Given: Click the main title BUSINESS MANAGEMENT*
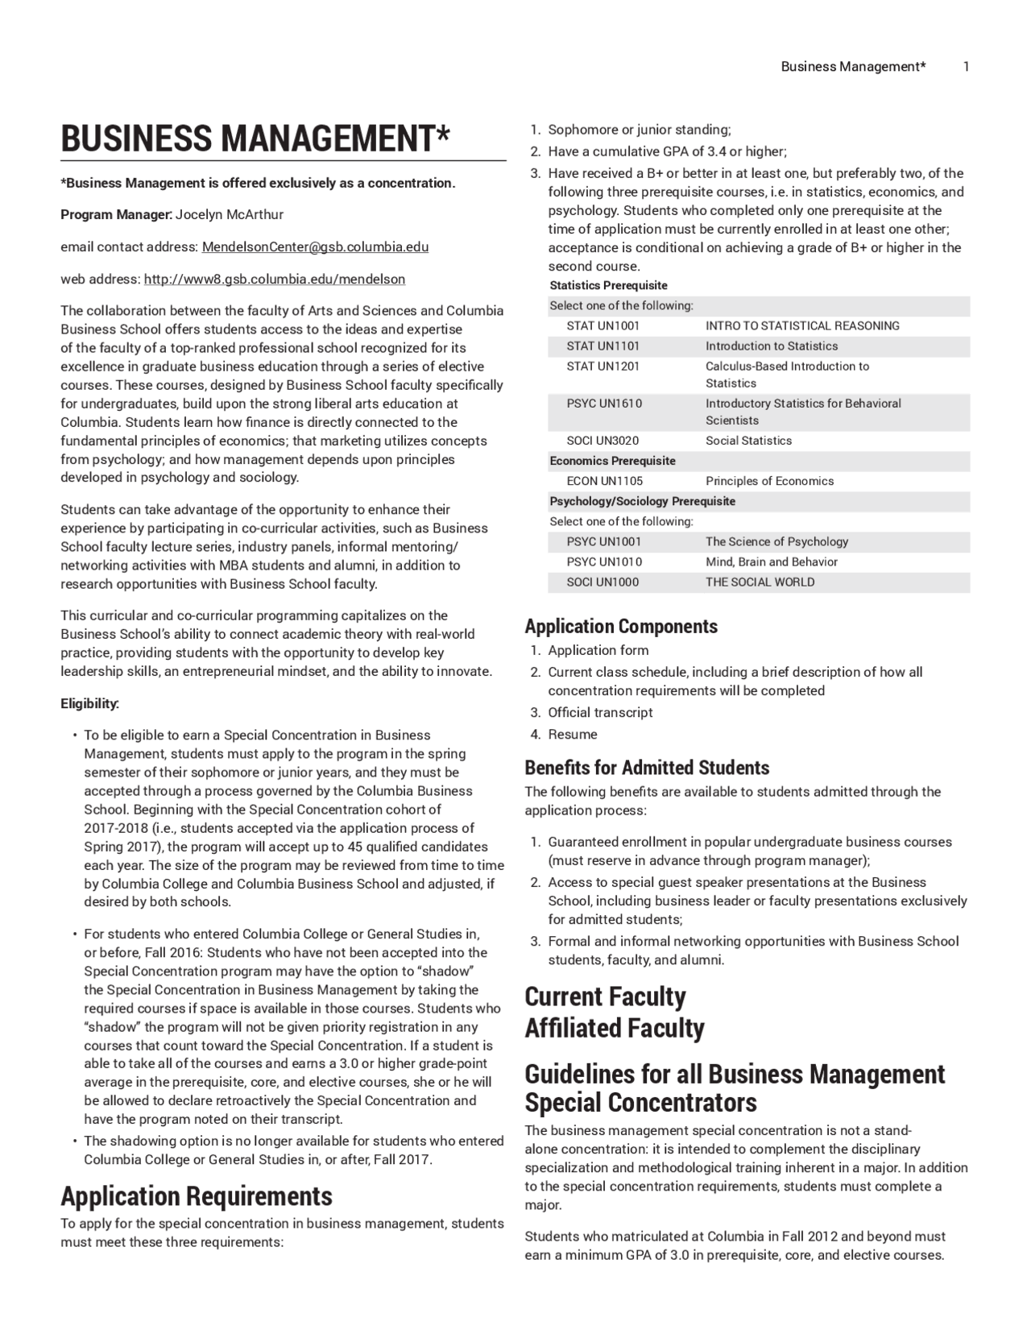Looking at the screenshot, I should click(x=255, y=139).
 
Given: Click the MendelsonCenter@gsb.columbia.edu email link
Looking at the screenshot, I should click(x=315, y=246).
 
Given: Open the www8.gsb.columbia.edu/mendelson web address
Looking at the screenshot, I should click(x=274, y=279).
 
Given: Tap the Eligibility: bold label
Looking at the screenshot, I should click(x=90, y=703).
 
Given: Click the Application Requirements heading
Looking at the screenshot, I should click(x=196, y=1195).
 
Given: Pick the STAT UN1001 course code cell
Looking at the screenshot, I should click(x=602, y=325).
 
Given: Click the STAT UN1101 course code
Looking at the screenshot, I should click(x=602, y=346).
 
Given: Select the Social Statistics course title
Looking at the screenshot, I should click(x=748, y=441).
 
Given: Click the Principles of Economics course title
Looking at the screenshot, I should click(x=769, y=481).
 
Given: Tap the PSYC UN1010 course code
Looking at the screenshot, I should click(x=604, y=561).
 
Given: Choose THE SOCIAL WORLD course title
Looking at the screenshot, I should click(x=760, y=582).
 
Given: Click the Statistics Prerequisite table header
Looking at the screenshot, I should click(x=608, y=285).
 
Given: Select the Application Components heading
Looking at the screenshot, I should click(x=620, y=626).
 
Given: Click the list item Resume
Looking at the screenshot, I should click(x=573, y=734).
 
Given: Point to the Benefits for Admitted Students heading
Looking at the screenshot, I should click(x=647, y=767).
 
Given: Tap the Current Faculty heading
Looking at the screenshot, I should click(x=605, y=996).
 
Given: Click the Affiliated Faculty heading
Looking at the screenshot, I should click(x=614, y=1028).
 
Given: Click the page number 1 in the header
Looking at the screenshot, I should click(x=966, y=67).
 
